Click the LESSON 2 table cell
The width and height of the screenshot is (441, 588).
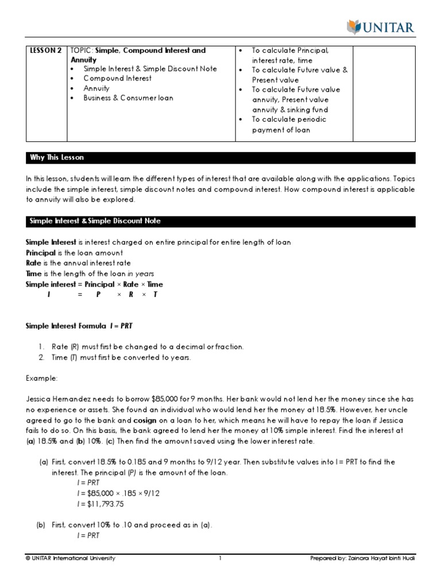click(45, 51)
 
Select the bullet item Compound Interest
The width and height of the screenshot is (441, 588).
click(117, 79)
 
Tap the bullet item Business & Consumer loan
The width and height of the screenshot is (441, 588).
click(128, 98)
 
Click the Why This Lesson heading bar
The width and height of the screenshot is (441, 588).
click(57, 158)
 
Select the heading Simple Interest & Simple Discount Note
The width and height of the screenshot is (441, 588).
click(95, 222)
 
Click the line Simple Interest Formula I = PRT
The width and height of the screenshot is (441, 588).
click(79, 326)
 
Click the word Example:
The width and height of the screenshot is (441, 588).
click(42, 378)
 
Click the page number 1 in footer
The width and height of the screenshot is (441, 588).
click(220, 558)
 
